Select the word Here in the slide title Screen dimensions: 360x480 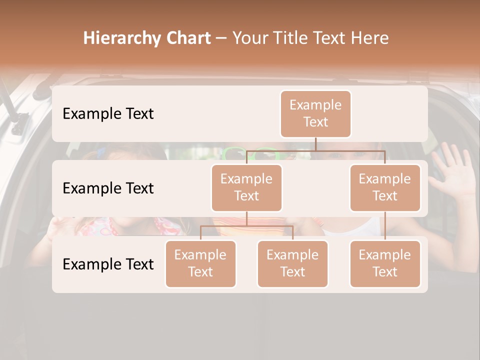click(369, 38)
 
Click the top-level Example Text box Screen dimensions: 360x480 click(315, 113)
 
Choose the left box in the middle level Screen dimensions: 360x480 click(246, 187)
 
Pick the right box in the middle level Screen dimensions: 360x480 click(385, 187)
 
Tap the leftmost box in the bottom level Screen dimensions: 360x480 click(200, 263)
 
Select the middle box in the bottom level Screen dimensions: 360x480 click(292, 263)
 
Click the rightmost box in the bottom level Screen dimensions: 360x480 click(385, 263)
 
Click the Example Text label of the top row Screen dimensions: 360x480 click(108, 114)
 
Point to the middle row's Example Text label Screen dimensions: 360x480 click(108, 188)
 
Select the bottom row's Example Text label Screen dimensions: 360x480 click(108, 264)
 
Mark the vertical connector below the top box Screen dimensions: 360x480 click(315, 144)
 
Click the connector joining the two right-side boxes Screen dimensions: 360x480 click(385, 226)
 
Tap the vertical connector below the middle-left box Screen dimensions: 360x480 click(246, 218)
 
